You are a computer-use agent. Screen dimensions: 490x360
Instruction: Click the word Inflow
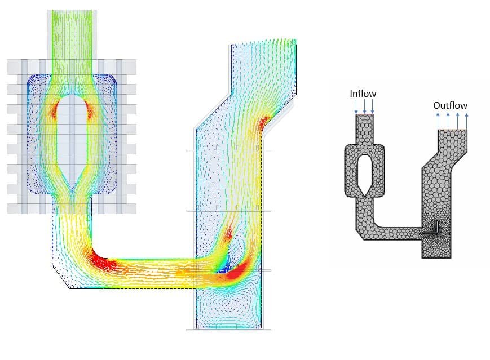pyautogui.click(x=363, y=94)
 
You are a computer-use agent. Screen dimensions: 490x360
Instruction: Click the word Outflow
pyautogui.click(x=450, y=105)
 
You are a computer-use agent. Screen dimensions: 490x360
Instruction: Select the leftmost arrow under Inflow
pyautogui.click(x=356, y=107)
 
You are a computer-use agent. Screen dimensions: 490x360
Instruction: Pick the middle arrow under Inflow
pyautogui.click(x=364, y=107)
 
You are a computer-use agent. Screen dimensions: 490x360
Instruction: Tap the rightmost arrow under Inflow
pyautogui.click(x=373, y=107)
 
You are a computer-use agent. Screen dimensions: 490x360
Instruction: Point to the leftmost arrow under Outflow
pyautogui.click(x=438, y=121)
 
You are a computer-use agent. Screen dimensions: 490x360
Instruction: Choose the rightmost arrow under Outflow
pyautogui.click(x=466, y=121)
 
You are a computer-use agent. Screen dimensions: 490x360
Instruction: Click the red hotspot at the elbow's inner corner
pyautogui.click(x=103, y=261)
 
